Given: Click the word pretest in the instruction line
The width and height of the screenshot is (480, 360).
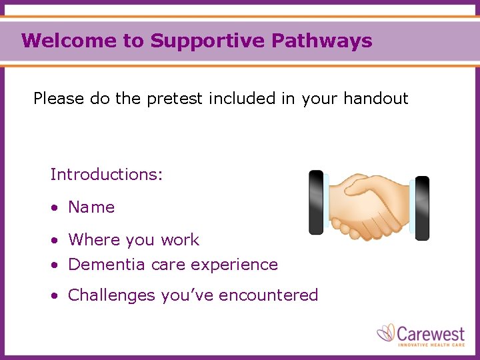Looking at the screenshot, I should click(175, 99).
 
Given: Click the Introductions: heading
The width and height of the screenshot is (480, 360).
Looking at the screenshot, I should click(107, 175).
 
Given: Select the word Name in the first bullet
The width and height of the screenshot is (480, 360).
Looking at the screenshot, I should click(91, 207).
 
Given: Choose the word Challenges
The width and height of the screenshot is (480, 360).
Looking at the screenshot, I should click(111, 295).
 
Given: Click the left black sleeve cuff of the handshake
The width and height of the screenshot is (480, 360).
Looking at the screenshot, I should click(316, 202).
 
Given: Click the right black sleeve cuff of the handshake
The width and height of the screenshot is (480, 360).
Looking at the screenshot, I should click(422, 208).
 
